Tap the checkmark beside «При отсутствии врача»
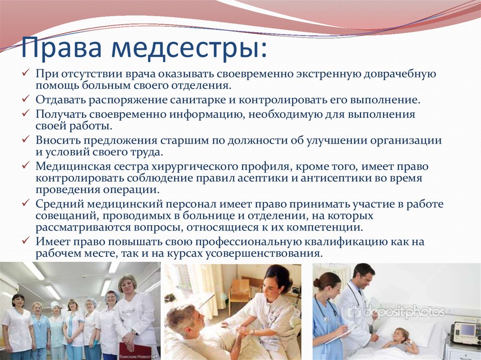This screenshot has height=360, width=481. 26,73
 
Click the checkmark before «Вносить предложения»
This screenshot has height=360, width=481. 26,139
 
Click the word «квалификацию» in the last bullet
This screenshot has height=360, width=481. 346,242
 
